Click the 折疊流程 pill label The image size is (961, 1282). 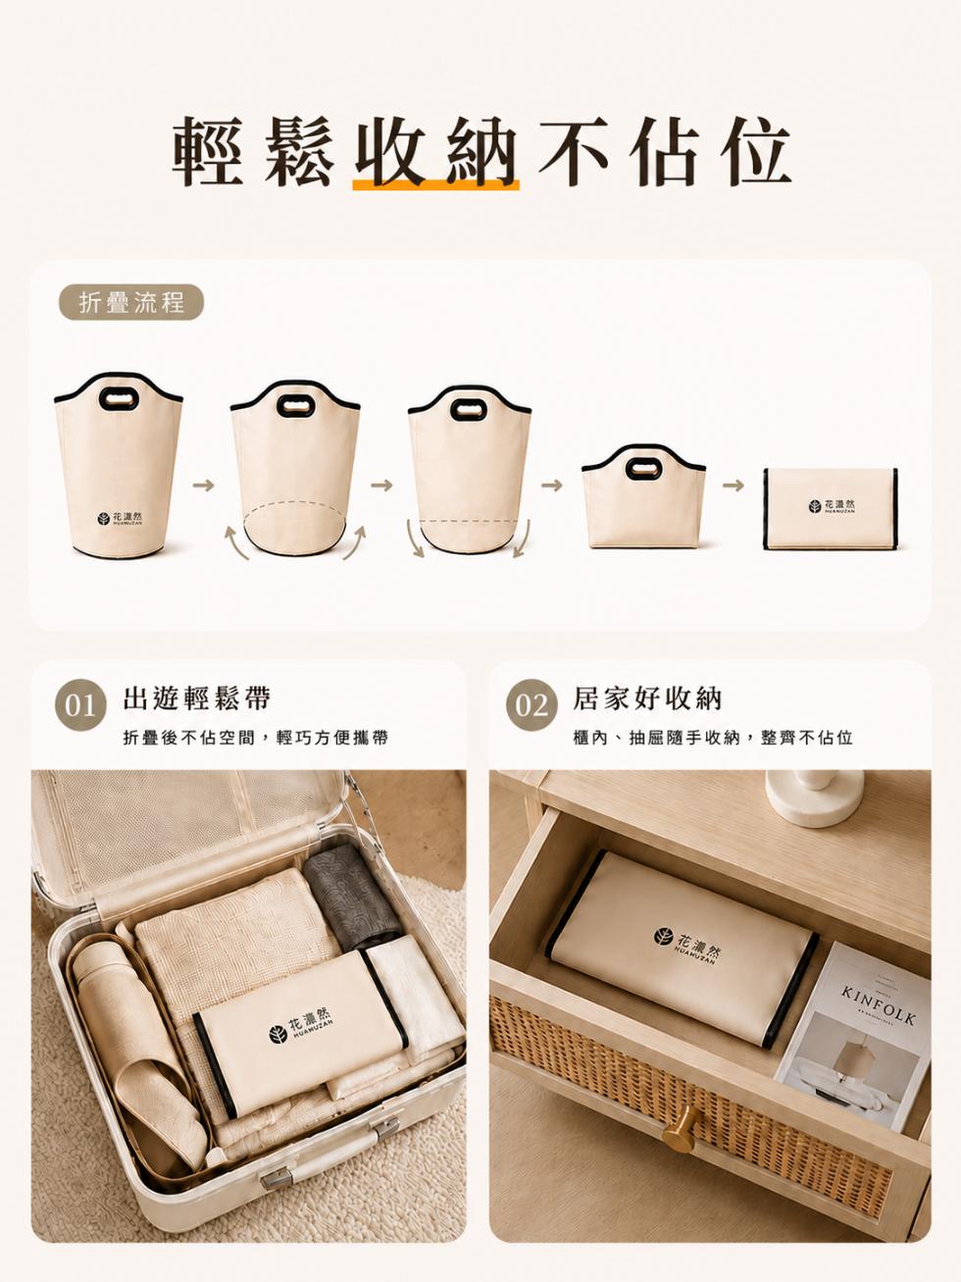click(x=131, y=302)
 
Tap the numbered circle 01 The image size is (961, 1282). click(x=80, y=706)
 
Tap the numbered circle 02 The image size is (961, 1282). click(x=531, y=706)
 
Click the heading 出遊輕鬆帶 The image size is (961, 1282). click(x=197, y=698)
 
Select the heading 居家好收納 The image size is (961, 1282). click(x=647, y=698)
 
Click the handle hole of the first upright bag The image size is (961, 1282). click(x=118, y=399)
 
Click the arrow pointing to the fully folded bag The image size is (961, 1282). click(x=733, y=485)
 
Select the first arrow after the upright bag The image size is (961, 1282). click(x=204, y=485)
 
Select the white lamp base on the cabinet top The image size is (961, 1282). click(x=815, y=798)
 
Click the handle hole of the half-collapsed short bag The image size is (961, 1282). click(x=643, y=467)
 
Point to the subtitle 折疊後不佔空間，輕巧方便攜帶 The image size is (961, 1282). click(x=255, y=738)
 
